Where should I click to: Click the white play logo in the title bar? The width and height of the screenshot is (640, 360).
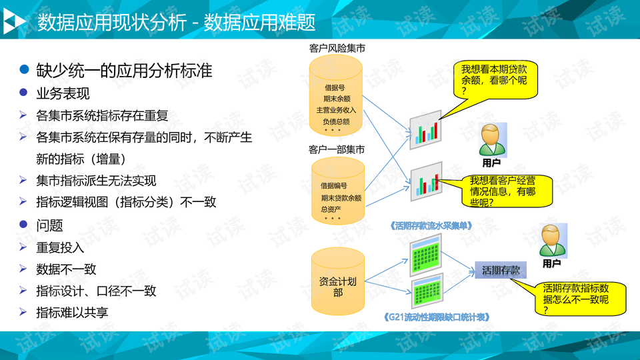pyautogui.click(x=13, y=23)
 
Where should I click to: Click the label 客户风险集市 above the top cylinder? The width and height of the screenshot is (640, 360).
pyautogui.click(x=337, y=49)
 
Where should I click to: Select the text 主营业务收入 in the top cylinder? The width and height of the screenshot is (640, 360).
pyautogui.click(x=337, y=109)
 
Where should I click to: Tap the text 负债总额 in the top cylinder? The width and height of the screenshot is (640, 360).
pyautogui.click(x=337, y=121)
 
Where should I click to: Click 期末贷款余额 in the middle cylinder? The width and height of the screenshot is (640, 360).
pyautogui.click(x=341, y=198)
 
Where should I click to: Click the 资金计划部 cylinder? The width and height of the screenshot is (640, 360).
pyautogui.click(x=338, y=281)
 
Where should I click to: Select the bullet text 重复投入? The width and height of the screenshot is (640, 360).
pyautogui.click(x=60, y=247)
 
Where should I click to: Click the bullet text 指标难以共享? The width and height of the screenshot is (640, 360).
pyautogui.click(x=72, y=311)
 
